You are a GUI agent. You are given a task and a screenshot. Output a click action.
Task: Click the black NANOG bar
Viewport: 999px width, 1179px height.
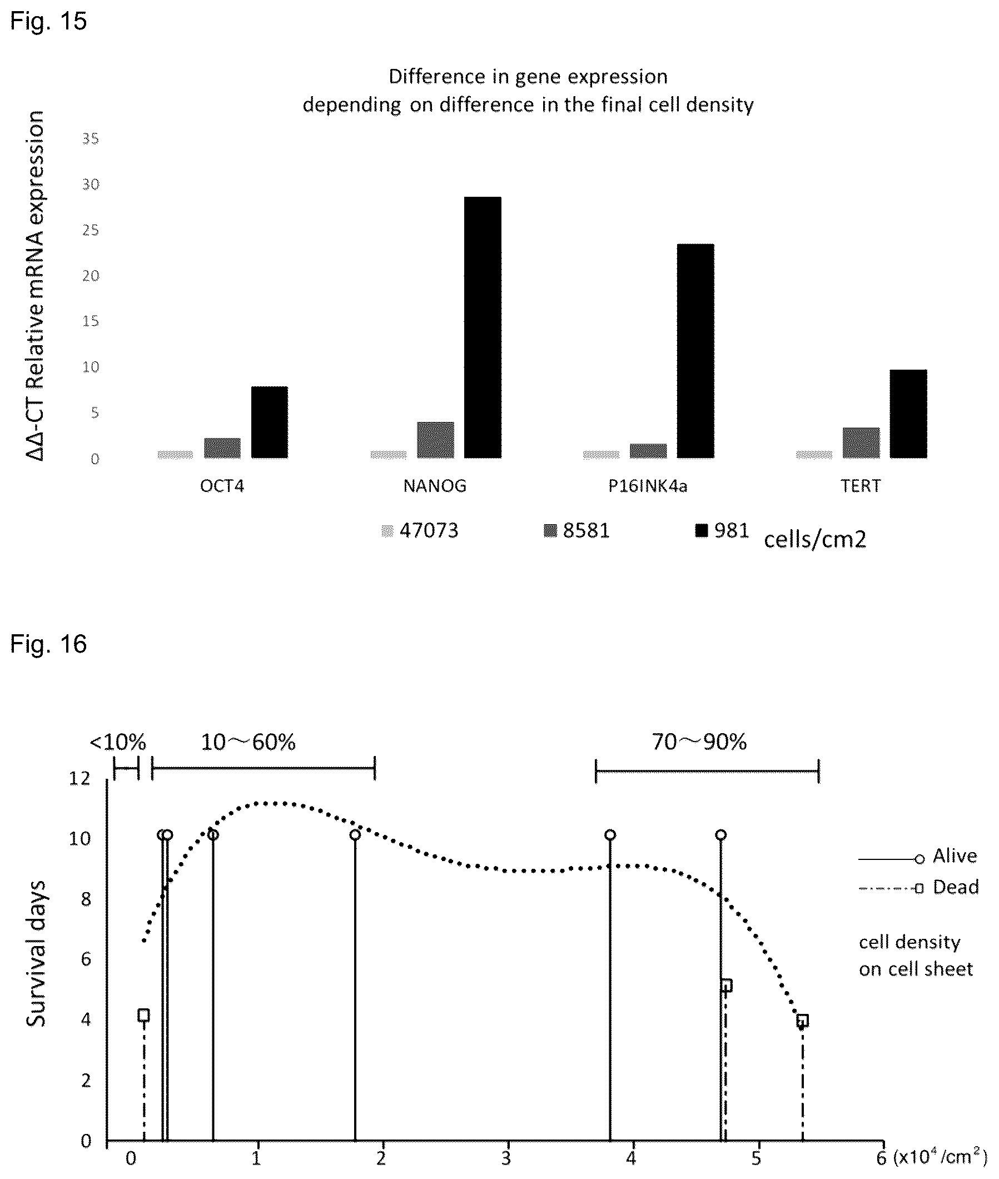(483, 327)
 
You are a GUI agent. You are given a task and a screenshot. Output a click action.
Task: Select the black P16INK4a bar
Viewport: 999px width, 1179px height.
(695, 351)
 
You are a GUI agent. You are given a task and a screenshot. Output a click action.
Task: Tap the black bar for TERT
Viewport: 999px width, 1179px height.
(908, 414)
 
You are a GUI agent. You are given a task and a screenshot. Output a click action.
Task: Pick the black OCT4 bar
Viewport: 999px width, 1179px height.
(270, 422)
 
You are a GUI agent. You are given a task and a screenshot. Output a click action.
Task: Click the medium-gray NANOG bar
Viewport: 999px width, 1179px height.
(435, 440)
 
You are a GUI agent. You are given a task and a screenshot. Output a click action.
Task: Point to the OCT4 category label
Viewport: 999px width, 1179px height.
(222, 486)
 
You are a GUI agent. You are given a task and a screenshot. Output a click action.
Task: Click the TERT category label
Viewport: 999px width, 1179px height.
(861, 486)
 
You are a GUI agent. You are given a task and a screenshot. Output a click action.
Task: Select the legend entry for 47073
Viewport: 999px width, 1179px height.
(420, 531)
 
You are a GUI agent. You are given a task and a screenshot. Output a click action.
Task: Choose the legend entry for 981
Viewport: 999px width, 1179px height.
(722, 531)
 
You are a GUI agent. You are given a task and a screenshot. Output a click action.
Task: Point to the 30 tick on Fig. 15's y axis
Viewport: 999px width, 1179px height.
(91, 184)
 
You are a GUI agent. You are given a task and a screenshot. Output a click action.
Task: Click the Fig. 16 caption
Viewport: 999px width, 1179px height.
(49, 644)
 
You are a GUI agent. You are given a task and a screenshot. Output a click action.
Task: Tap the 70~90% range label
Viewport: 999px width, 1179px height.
(699, 742)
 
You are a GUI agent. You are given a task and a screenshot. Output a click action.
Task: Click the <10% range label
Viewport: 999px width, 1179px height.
(118, 742)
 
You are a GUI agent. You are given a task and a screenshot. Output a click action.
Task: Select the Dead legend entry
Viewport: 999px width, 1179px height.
(919, 887)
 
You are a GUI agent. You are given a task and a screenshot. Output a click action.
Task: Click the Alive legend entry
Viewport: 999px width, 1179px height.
(918, 855)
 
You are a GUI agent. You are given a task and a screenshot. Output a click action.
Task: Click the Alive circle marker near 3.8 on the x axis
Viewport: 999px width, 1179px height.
(610, 835)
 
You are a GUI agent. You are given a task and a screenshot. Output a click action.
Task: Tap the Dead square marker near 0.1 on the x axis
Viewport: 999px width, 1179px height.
(144, 1015)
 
